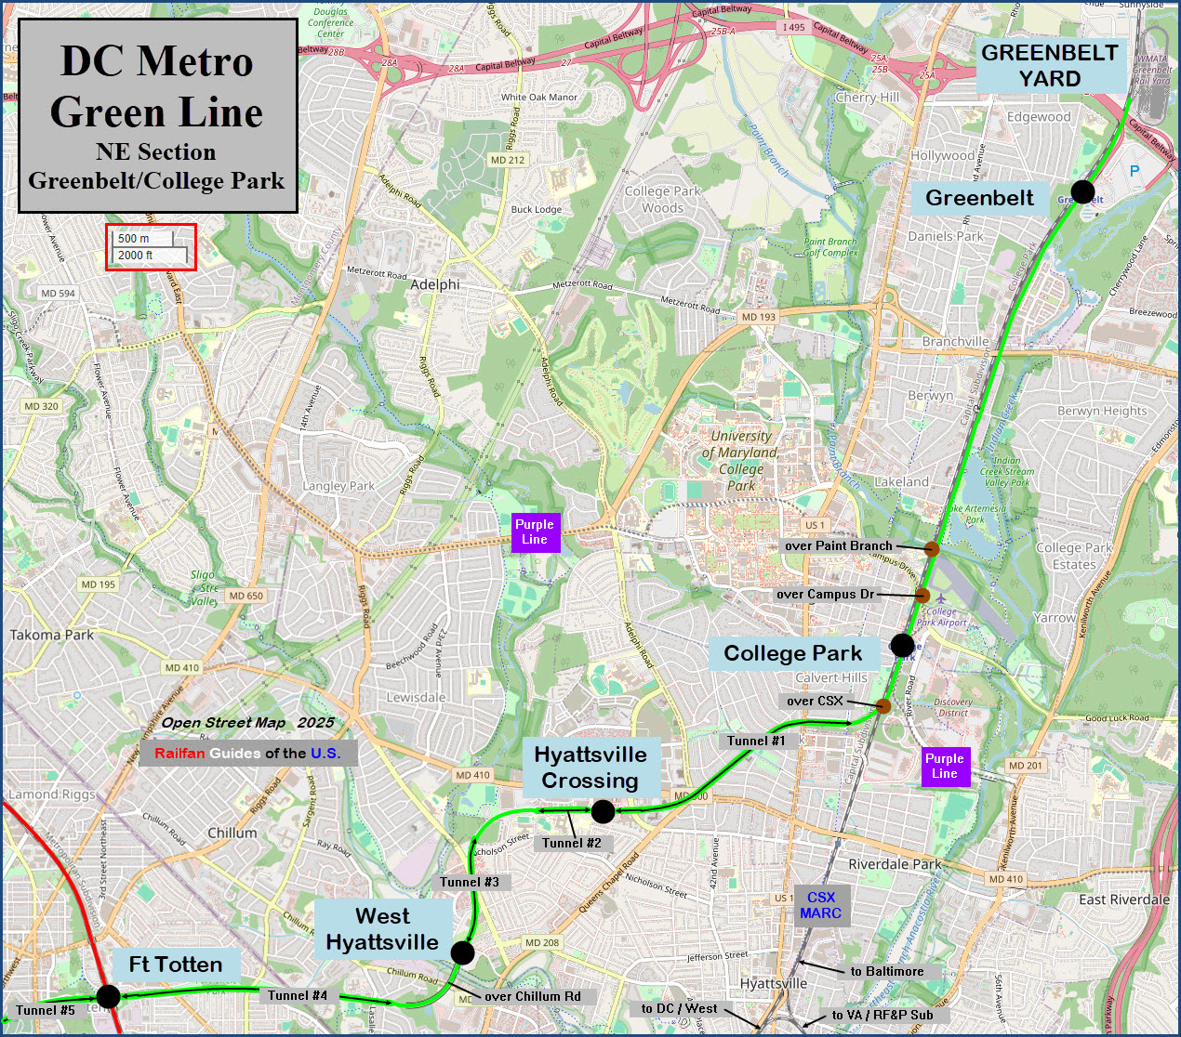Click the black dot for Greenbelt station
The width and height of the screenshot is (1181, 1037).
1082,192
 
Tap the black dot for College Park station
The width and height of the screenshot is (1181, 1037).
902,644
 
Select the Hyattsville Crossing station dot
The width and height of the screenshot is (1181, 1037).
603,811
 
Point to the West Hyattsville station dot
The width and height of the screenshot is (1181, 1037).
462,952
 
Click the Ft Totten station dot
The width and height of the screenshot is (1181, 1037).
108,996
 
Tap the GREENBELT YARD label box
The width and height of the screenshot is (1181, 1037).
1050,66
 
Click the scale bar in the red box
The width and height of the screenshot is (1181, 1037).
151,247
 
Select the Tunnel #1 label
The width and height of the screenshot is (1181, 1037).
756,741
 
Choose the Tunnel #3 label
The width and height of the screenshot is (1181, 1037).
470,882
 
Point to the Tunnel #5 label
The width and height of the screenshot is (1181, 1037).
46,1010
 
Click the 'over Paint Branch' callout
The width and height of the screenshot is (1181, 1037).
839,545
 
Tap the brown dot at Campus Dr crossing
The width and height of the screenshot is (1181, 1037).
922,595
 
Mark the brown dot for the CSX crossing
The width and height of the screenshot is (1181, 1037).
883,706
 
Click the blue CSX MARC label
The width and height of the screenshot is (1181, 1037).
821,905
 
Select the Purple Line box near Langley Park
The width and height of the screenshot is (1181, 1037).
535,532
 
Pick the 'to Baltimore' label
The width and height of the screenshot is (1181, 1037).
887,971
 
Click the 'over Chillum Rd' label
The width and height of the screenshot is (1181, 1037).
533,996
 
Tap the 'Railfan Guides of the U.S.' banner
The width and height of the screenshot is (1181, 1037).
247,753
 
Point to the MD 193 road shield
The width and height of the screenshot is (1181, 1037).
758,317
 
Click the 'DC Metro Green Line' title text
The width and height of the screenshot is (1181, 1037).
156,87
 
